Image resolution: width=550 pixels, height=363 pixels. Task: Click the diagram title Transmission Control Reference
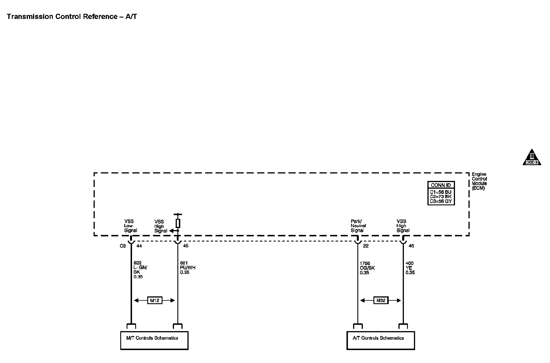72,17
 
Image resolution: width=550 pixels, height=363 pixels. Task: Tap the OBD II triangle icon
532,158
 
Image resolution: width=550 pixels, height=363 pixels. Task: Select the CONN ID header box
441,185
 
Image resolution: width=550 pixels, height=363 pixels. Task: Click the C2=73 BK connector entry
441,197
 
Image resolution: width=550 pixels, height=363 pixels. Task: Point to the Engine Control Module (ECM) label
479,181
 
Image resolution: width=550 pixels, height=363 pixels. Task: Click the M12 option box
154,300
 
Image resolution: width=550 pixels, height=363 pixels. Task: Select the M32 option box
381,300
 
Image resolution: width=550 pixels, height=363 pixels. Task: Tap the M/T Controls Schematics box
154,340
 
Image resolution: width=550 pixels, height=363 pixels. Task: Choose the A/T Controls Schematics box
381,340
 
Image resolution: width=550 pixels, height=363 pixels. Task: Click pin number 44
139,246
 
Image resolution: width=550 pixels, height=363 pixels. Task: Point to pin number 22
366,246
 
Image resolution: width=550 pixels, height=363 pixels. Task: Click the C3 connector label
123,246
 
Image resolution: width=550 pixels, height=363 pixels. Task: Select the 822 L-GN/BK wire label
140,270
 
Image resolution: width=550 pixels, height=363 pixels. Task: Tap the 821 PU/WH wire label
187,268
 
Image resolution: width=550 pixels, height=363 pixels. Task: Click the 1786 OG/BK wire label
367,268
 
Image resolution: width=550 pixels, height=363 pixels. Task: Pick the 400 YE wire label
410,268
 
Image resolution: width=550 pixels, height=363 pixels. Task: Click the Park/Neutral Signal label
358,226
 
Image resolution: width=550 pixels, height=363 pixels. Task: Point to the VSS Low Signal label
130,226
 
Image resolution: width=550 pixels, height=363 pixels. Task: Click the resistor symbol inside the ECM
178,223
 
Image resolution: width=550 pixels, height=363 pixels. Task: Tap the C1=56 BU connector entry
441,192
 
